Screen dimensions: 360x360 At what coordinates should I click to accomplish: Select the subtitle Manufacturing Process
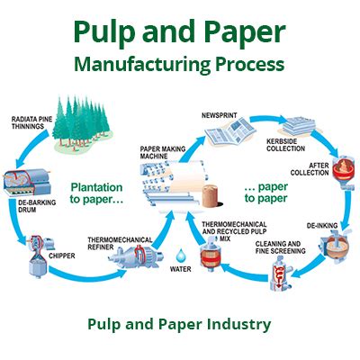pyautogui.click(x=180, y=65)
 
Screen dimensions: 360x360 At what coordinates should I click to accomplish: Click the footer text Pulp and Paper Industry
pyautogui.click(x=179, y=322)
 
